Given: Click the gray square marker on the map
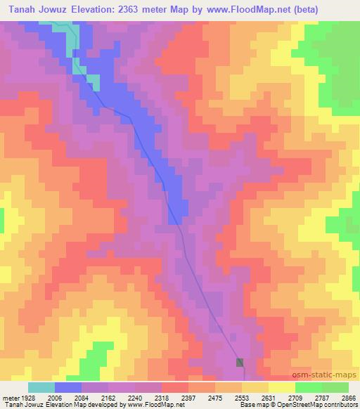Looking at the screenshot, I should tap(240, 362).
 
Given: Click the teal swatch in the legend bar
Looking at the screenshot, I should tap(41, 387).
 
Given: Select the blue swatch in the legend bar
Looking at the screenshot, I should tap(68, 387).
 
